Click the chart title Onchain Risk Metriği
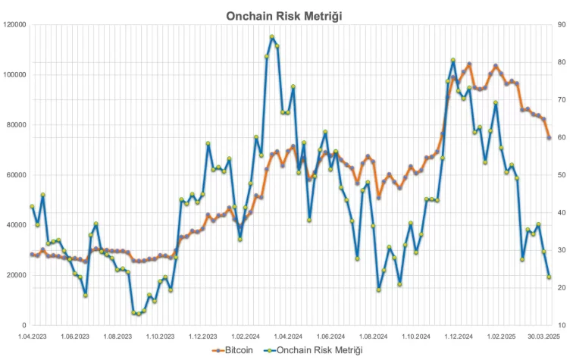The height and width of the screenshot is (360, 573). coord(286,15)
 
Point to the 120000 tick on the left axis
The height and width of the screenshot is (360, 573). coord(14,25)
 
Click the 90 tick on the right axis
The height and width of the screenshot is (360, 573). coord(560,25)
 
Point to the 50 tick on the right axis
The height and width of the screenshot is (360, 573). coord(560,175)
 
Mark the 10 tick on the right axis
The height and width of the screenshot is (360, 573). coord(560,325)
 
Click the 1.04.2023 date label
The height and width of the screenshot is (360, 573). coord(32,335)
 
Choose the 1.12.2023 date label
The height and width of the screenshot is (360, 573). coord(203,335)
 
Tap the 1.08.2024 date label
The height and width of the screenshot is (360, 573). coord(376,335)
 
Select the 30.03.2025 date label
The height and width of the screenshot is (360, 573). coord(543,335)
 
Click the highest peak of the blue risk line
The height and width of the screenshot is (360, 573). coord(272,36)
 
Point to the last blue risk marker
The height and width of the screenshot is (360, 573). coord(549,277)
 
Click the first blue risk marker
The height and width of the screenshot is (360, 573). coord(32,207)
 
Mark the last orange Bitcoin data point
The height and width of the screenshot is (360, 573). coord(549,138)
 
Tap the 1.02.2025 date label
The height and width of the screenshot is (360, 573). coord(501,335)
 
